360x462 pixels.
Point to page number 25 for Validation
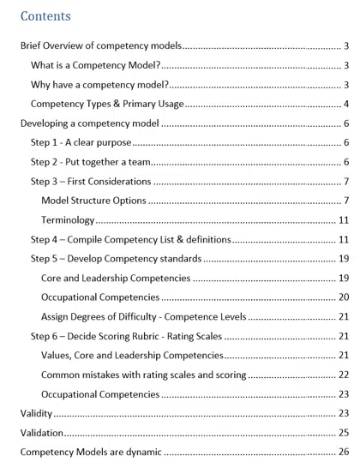tap(343, 433)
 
